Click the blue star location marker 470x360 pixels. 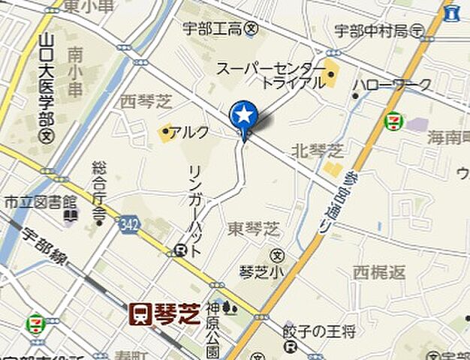243,115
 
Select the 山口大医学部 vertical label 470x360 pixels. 47,82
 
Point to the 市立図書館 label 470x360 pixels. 41,202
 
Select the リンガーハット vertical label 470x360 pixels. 194,214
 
